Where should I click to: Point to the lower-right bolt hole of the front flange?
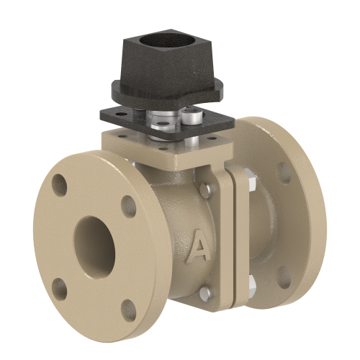127,310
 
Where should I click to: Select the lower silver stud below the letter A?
205,292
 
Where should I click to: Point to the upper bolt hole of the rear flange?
284,171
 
